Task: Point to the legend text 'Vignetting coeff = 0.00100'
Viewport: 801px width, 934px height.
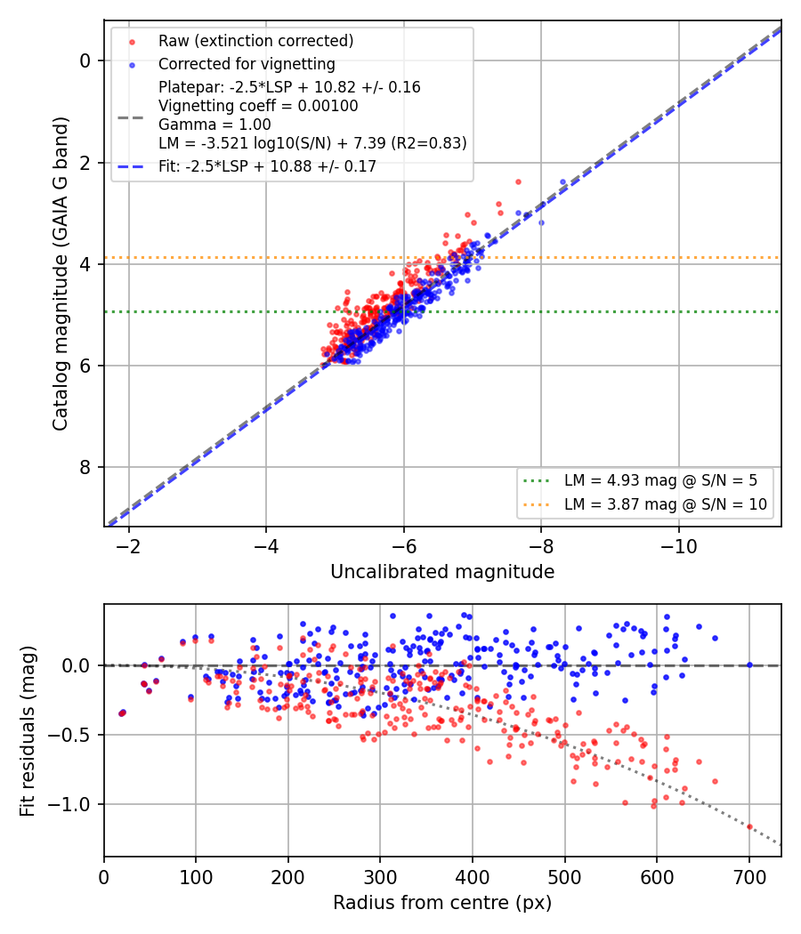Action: point(258,106)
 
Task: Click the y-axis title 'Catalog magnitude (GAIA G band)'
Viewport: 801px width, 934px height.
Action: point(61,273)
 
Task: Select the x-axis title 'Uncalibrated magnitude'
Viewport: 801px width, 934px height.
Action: point(442,572)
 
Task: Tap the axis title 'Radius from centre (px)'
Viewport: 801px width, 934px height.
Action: point(442,903)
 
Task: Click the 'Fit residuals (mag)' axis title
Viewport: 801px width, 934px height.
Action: point(28,731)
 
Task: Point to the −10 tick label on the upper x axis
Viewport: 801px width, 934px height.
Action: point(678,546)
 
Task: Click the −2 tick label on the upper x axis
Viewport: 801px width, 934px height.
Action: point(128,546)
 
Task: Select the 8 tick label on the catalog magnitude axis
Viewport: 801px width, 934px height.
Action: point(85,468)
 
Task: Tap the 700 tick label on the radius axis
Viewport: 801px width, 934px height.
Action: point(749,877)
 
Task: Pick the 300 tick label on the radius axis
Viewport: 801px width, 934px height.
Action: point(380,877)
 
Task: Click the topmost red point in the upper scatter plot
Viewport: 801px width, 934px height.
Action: point(518,181)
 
